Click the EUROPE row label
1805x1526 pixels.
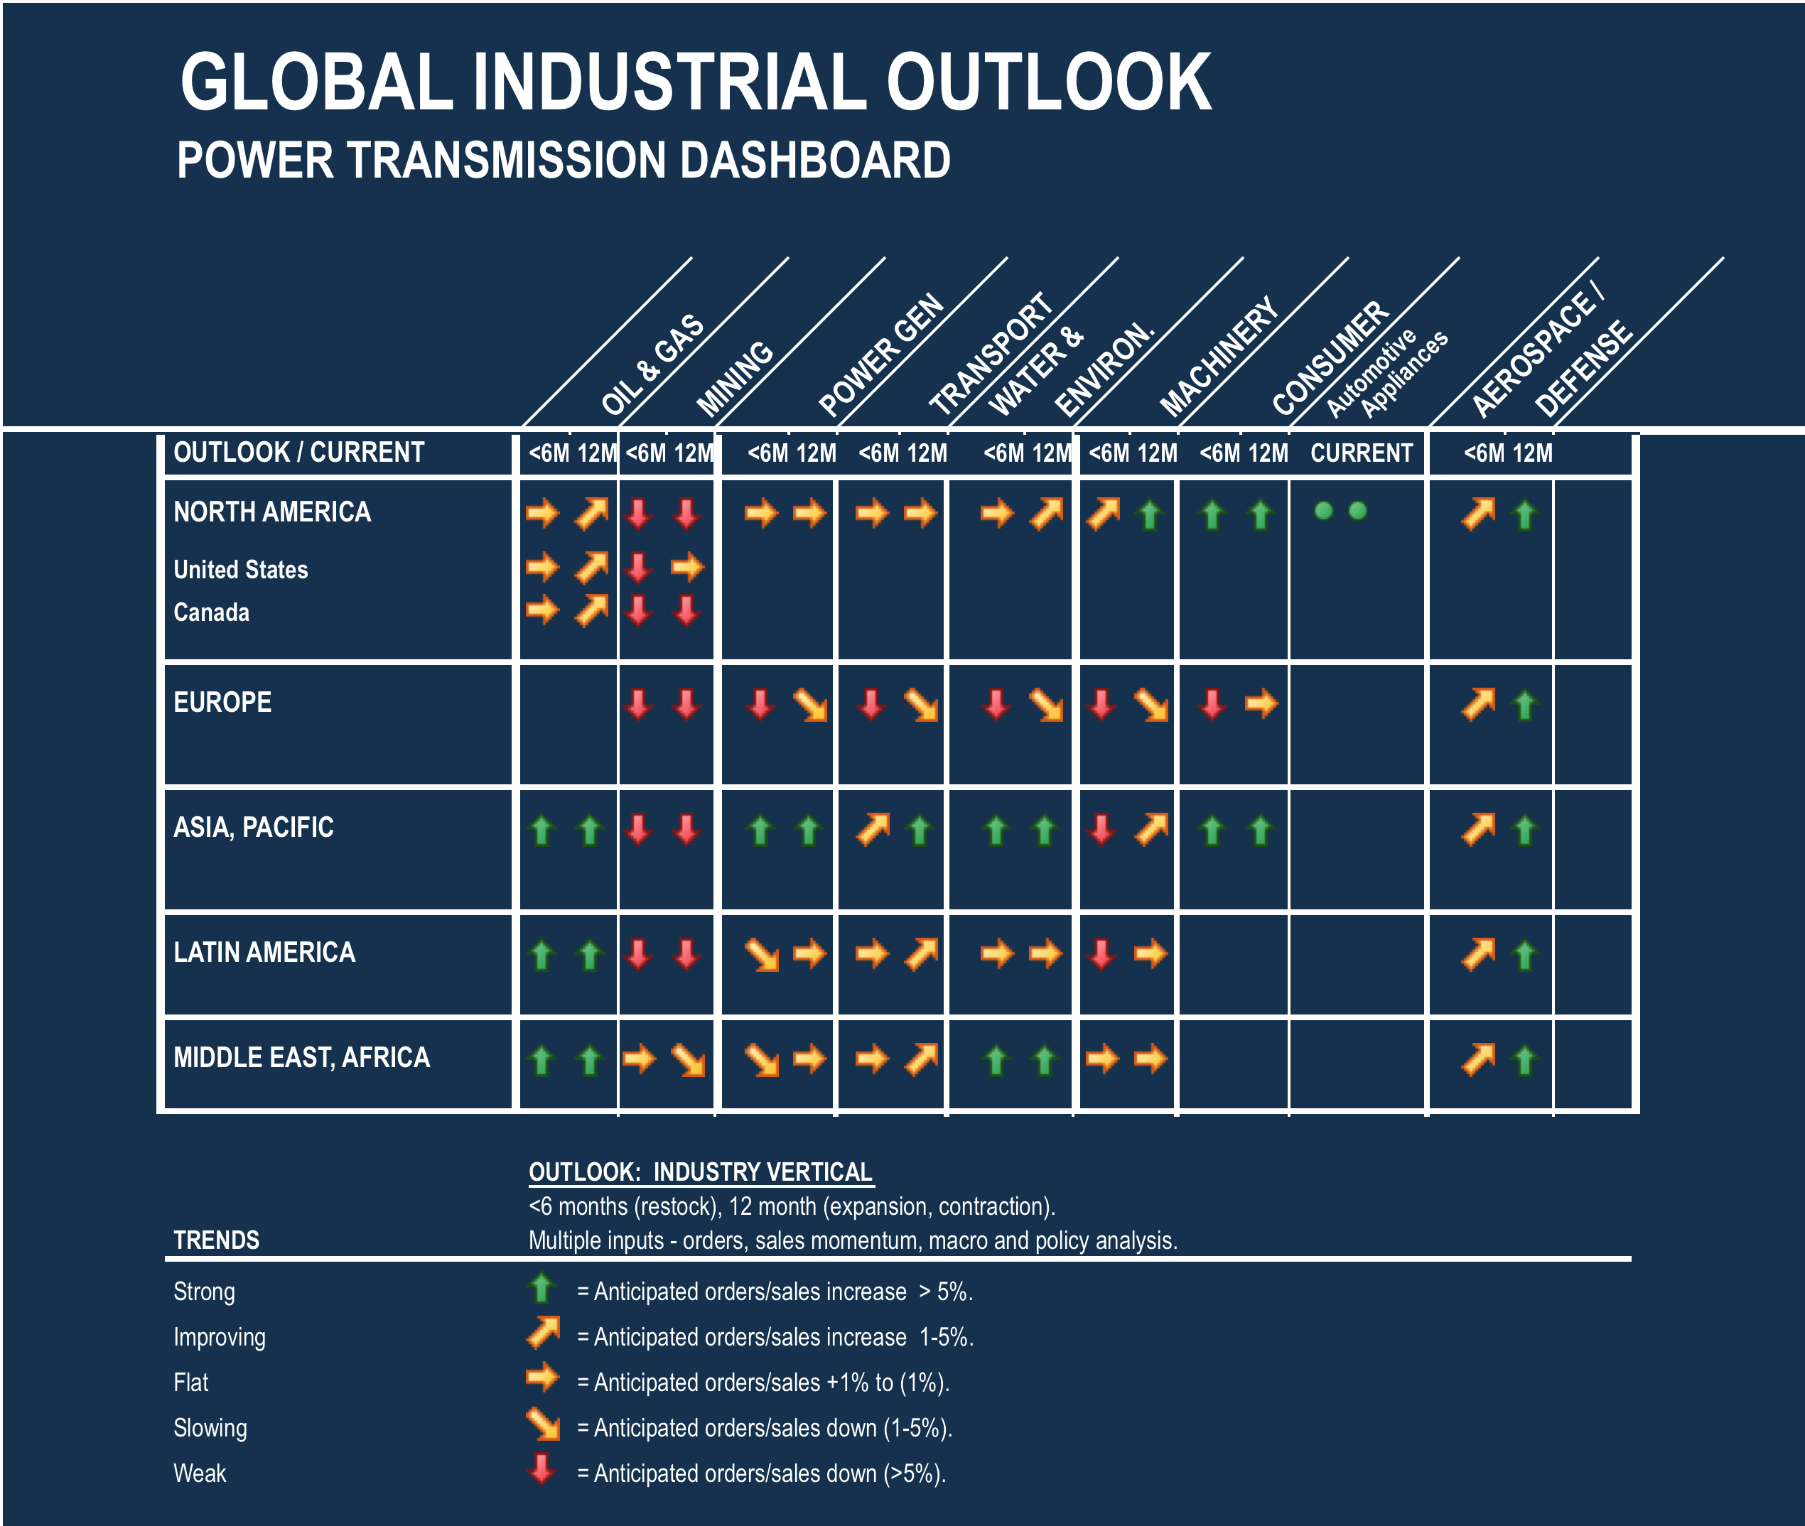pyautogui.click(x=222, y=702)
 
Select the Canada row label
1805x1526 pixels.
pyautogui.click(x=211, y=612)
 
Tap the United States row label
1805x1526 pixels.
pyautogui.click(x=241, y=569)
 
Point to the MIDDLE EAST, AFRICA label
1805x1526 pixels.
pyautogui.click(x=301, y=1057)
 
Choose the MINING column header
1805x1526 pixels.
pyautogui.click(x=735, y=378)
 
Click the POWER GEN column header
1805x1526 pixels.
pyautogui.click(x=881, y=355)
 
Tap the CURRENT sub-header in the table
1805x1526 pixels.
pyautogui.click(x=1361, y=453)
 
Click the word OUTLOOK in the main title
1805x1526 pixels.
pyautogui.click(x=1048, y=82)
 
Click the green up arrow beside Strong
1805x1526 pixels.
pyautogui.click(x=541, y=1288)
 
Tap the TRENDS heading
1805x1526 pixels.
pyautogui.click(x=216, y=1240)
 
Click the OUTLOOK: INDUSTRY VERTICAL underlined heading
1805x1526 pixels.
pyautogui.click(x=701, y=1172)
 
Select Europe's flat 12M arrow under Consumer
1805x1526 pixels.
pyautogui.click(x=1261, y=703)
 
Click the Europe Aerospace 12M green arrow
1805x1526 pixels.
pyautogui.click(x=1524, y=705)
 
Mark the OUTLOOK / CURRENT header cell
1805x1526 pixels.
pyautogui.click(x=298, y=453)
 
